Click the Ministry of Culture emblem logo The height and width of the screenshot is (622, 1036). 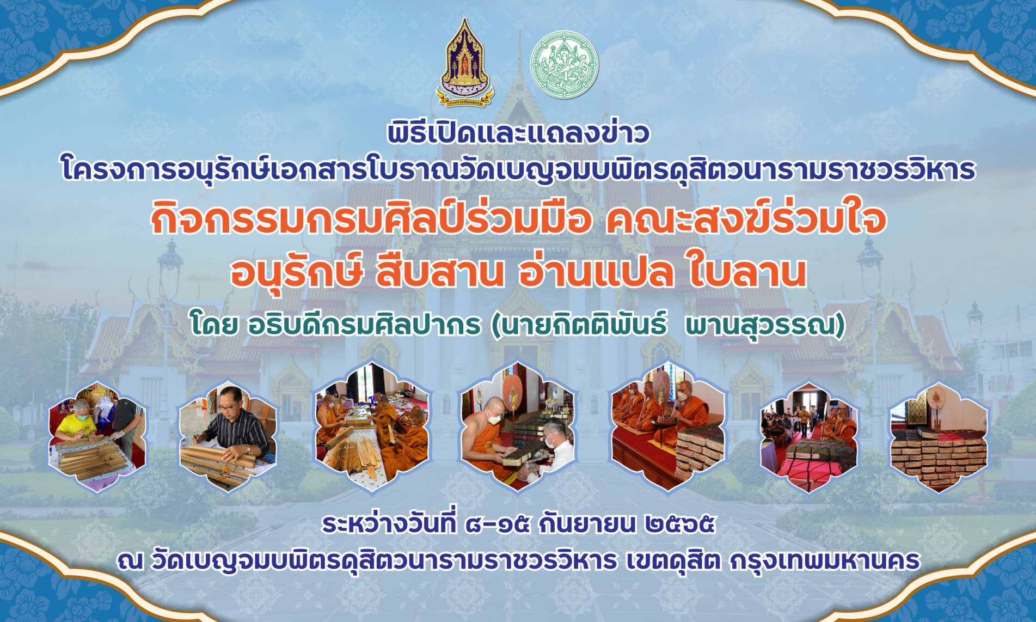pyautogui.click(x=464, y=63)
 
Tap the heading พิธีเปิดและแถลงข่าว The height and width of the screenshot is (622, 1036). pyautogui.click(x=518, y=134)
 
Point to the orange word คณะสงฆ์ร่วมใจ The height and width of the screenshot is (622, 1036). pyautogui.click(x=745, y=219)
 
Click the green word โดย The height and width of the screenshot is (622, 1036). pyautogui.click(x=214, y=325)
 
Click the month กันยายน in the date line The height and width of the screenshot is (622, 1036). pyautogui.click(x=586, y=524)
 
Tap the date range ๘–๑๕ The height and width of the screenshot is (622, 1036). pyautogui.click(x=497, y=524)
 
